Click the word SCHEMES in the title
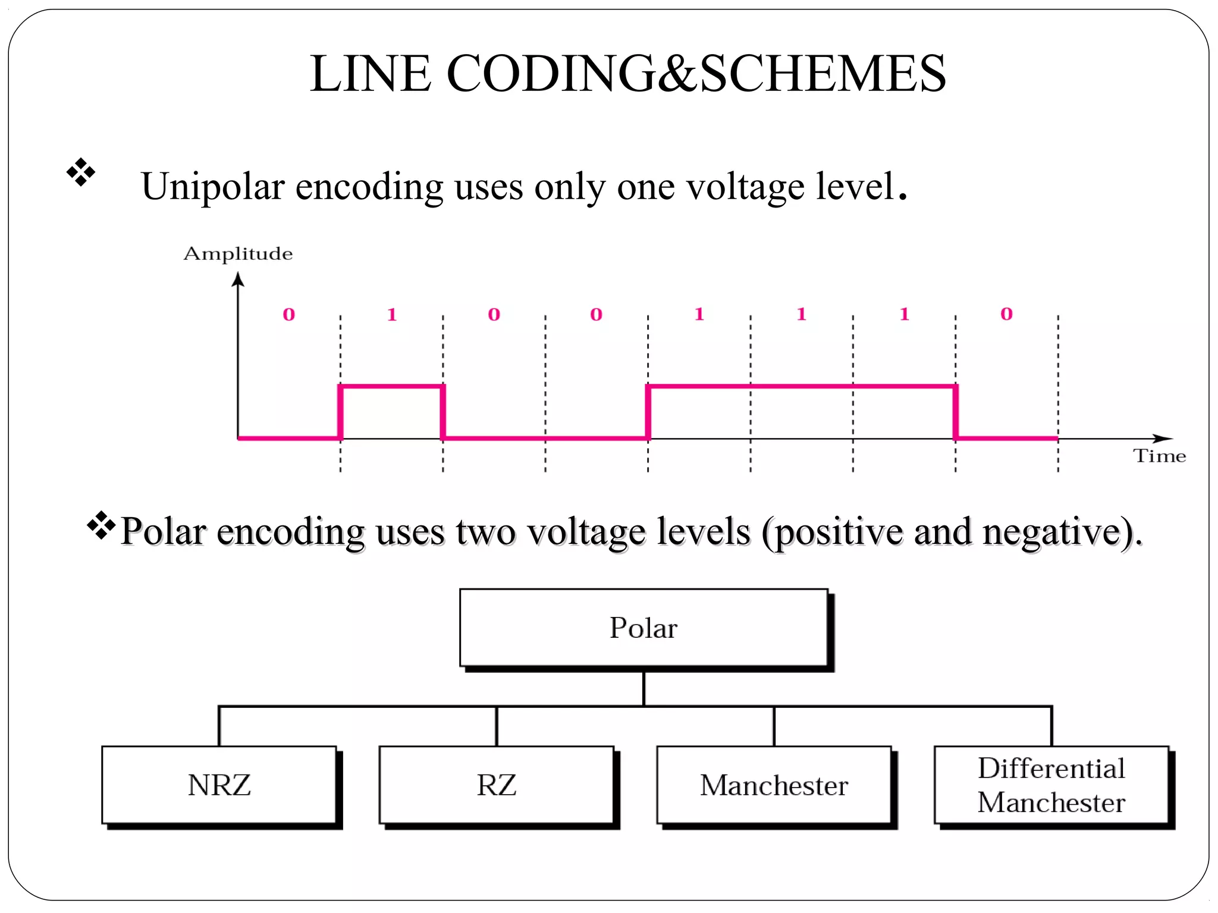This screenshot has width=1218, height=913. click(x=823, y=74)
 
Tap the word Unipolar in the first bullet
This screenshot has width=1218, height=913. click(x=213, y=187)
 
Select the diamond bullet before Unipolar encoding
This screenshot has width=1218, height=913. click(x=81, y=172)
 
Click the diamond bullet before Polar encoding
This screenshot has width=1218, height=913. click(x=101, y=525)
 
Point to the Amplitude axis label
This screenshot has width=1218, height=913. click(x=238, y=254)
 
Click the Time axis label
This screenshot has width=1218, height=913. click(x=1159, y=456)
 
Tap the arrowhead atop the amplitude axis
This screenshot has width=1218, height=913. click(x=238, y=279)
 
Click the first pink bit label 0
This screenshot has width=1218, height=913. click(x=288, y=314)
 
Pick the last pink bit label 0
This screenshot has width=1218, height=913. click(x=1006, y=314)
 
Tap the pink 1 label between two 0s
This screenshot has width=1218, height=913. click(x=391, y=314)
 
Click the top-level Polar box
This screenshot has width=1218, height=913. click(x=643, y=628)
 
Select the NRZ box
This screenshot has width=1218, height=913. click(x=219, y=785)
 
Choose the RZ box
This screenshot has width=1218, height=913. click(x=497, y=785)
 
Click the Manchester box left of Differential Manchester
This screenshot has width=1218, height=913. click(x=774, y=785)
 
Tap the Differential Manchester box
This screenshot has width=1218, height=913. click(x=1051, y=785)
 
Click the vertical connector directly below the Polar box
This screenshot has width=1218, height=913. click(x=643, y=688)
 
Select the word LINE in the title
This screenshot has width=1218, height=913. click(x=370, y=74)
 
